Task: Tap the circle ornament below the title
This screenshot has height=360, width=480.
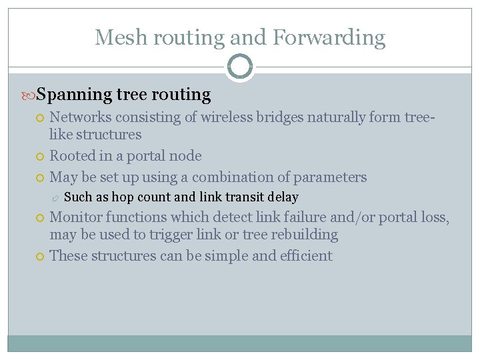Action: coord(240,67)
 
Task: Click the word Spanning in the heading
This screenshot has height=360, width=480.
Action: coord(73,95)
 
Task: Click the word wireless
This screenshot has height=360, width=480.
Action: coord(231,117)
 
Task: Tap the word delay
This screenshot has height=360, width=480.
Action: coord(283,197)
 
